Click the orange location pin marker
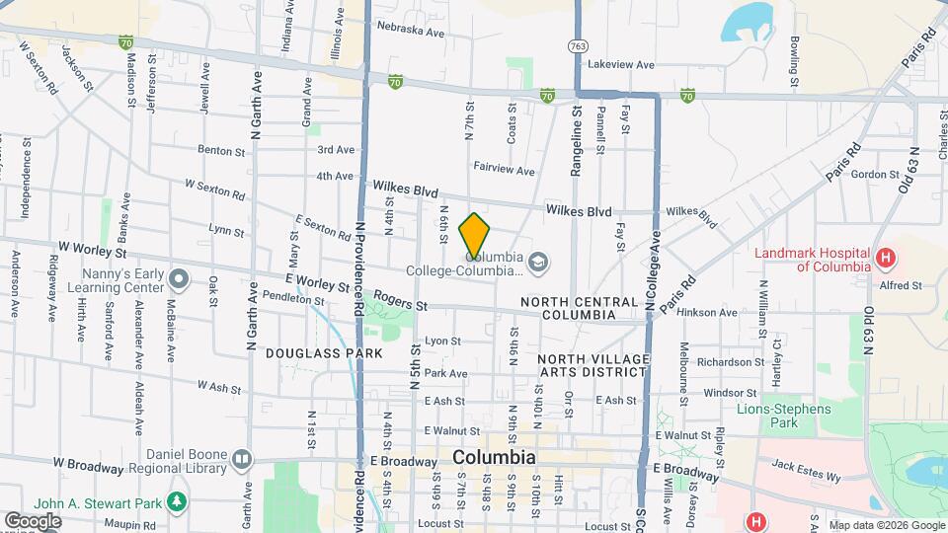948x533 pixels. pos(475,234)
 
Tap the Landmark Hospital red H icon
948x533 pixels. pos(887,259)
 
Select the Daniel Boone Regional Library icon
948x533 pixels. pos(242,459)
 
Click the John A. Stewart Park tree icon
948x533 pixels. pos(177,502)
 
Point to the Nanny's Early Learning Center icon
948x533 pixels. pos(178,278)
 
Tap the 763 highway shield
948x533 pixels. pos(578,45)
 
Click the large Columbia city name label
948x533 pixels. pos(494,458)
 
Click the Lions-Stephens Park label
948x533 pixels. pos(784,415)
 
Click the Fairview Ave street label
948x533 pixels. pos(504,170)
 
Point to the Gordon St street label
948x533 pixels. pos(872,174)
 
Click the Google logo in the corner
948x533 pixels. pos(33,520)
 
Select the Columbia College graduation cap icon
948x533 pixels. pos(537,262)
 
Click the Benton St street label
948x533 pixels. pos(221,151)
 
